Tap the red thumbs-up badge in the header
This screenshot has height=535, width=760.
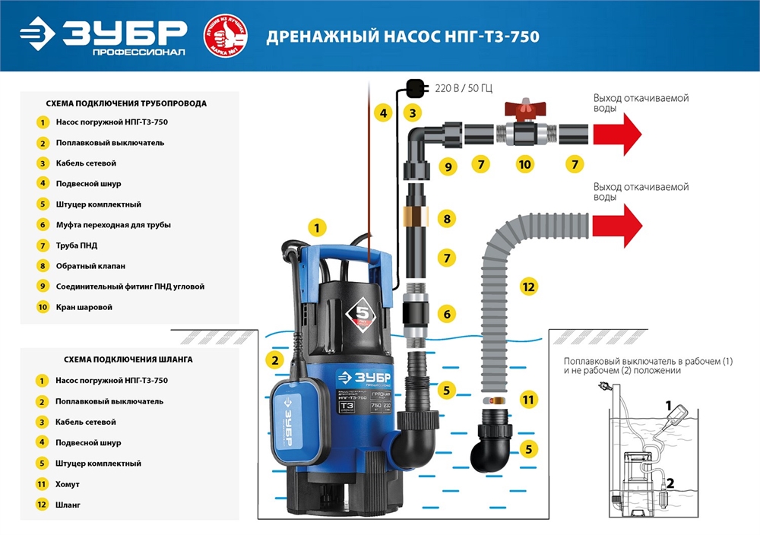point(225,36)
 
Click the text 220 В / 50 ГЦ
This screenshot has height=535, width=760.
point(464,89)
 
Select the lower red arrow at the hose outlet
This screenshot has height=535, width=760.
point(617,226)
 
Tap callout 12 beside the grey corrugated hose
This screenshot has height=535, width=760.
point(529,286)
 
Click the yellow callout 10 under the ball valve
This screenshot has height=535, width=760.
point(524,164)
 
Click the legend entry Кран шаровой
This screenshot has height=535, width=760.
point(84,307)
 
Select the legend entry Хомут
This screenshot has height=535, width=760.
point(68,483)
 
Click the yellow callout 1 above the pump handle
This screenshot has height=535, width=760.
point(318,226)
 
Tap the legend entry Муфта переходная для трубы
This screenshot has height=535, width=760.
point(112,225)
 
